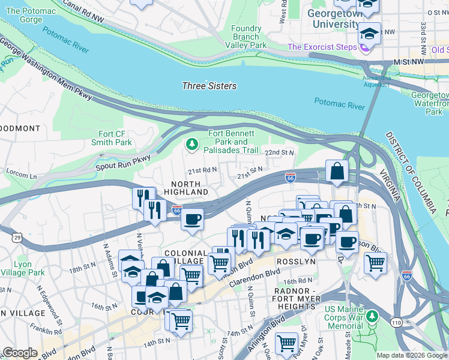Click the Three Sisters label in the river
(x=209, y=86)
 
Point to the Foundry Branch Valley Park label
(x=246, y=37)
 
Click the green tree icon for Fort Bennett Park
(x=191, y=144)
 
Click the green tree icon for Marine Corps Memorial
(x=372, y=316)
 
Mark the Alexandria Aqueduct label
(x=376, y=81)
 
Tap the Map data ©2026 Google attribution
(x=411, y=355)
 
